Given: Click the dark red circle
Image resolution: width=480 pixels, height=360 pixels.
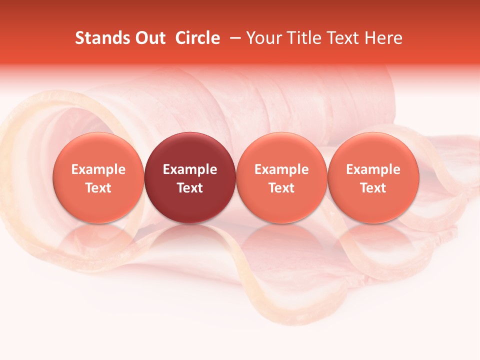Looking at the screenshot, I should click(x=190, y=177).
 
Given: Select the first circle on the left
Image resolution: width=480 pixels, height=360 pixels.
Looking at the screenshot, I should click(x=98, y=177).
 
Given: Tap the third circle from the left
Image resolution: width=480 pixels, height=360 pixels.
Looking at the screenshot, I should click(x=281, y=177).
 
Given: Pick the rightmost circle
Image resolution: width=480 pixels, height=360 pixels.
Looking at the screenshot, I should click(x=373, y=177).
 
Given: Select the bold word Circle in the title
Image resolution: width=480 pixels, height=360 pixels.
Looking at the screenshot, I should click(x=197, y=38).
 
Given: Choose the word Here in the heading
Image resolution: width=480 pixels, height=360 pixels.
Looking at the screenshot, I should click(x=384, y=38).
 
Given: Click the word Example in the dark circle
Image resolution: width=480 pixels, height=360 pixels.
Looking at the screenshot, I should click(x=190, y=169).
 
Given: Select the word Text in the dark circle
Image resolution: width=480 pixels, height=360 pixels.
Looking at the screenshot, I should click(x=190, y=188).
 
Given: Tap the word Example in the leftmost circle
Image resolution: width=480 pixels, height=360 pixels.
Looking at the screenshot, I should click(x=98, y=169).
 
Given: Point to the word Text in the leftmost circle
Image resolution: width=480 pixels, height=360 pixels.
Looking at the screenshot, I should click(x=98, y=188).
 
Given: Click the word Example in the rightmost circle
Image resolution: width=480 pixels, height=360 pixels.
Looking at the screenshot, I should click(x=373, y=169).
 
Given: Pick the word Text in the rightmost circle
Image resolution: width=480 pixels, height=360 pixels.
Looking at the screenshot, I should click(x=373, y=188).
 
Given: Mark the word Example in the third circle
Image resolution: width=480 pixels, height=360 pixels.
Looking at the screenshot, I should click(x=281, y=169).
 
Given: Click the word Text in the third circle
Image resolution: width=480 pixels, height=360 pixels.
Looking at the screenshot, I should click(x=281, y=188).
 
